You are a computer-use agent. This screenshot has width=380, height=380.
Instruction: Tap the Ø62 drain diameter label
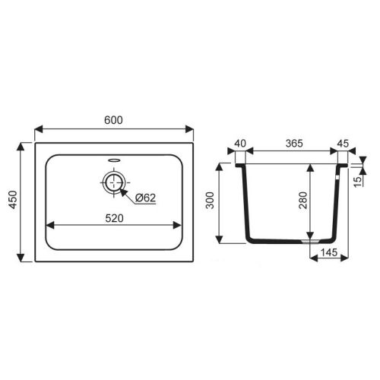[144, 198]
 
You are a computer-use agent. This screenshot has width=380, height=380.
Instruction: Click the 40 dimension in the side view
[241, 141]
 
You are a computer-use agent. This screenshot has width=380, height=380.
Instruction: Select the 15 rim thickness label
[359, 179]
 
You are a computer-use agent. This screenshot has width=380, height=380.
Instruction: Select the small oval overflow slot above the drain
[114, 160]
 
